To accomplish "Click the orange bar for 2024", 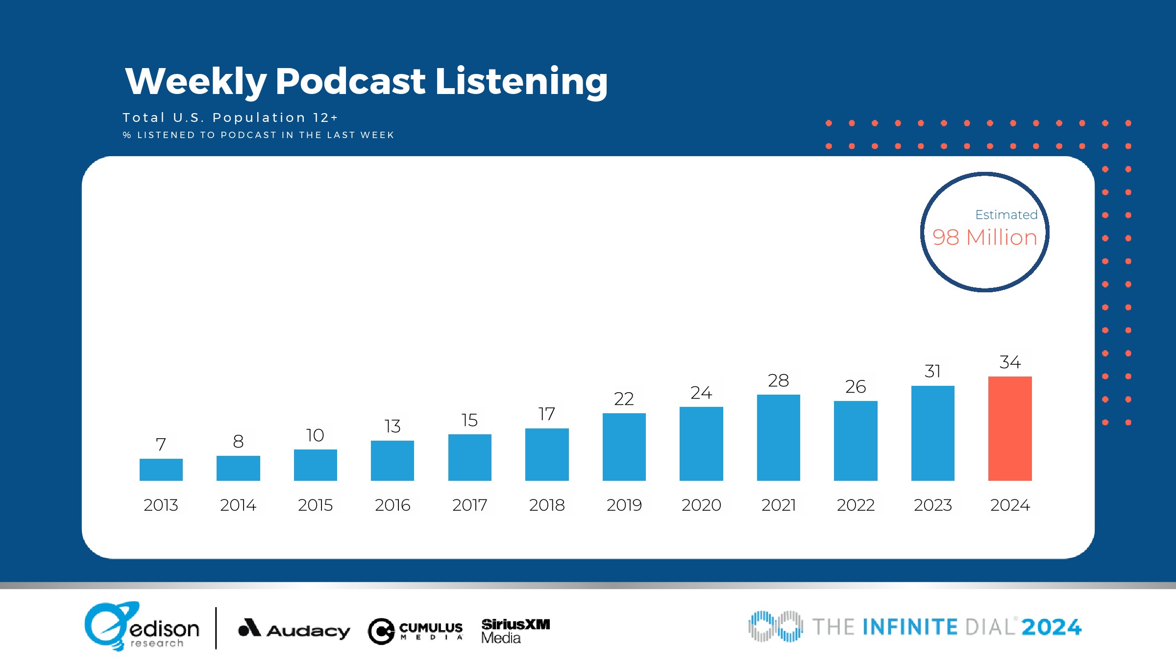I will pos(1010,428).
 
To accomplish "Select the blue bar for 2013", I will pos(161,470).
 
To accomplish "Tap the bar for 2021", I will pos(778,437).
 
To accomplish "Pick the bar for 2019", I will pos(624,447).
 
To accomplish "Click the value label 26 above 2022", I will pos(856,387).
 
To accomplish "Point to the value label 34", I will pos(1010,362).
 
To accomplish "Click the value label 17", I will pos(547,414).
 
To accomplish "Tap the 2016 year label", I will pos(392,505).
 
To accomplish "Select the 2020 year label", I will pos(701,505).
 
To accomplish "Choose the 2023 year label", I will pos(932,505).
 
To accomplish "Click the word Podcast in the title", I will pos(350,81).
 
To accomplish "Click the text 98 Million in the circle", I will pos(985,237).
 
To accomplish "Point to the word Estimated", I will pos(1006,215).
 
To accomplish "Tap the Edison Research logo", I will pos(142,627).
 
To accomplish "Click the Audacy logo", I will pos(294,629).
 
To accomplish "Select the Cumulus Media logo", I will pos(416,631).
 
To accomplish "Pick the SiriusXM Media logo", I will pos(515,631).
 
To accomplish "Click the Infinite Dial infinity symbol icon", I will pos(775,626).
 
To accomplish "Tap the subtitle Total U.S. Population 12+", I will pos(230,118).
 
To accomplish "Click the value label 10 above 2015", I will pos(315,435).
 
